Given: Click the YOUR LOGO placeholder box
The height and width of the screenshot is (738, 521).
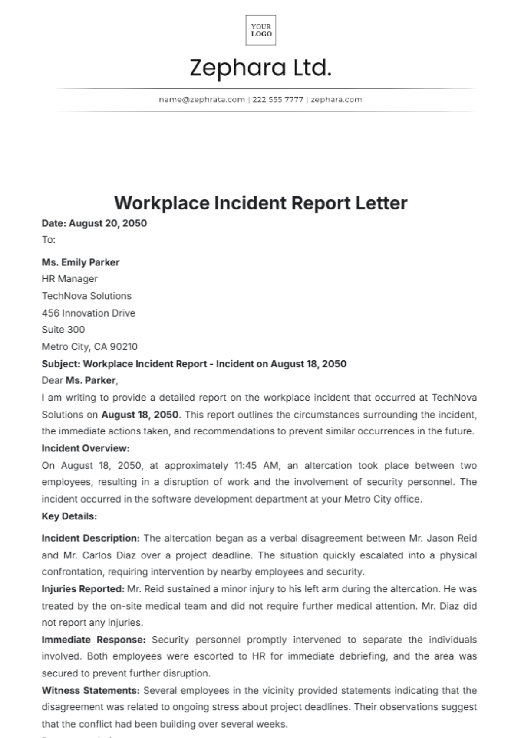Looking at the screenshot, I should [260, 30].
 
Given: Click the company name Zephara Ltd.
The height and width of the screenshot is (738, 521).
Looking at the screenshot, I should [260, 68].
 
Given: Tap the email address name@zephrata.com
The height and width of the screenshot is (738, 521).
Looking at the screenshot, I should [202, 100].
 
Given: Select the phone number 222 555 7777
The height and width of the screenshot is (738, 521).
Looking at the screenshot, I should [277, 100].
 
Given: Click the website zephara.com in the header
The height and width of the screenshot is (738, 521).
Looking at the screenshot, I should [336, 100].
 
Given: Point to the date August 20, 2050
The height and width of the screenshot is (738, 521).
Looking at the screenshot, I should [108, 223].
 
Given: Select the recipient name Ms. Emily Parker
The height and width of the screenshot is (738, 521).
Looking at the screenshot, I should [80, 262].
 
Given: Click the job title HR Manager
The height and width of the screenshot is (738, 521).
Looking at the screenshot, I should [69, 279].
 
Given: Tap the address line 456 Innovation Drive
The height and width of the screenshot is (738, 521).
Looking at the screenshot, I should [88, 313].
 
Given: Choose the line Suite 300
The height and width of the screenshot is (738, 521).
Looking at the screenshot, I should [63, 330].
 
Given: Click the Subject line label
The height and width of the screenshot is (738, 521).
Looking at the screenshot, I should [61, 364].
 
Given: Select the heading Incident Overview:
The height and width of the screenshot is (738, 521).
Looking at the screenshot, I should [86, 448].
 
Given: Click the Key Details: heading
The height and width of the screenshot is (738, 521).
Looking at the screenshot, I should [69, 516].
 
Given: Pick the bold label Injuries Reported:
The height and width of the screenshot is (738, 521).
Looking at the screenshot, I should [83, 589].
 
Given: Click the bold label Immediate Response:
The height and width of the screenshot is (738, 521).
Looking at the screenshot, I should [93, 640].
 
